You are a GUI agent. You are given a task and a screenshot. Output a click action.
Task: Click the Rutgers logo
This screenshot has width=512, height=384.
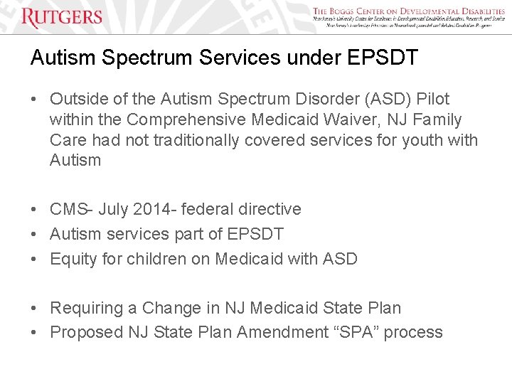point(62,17)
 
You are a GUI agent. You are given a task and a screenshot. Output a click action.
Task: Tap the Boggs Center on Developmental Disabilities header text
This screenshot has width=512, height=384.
point(408,11)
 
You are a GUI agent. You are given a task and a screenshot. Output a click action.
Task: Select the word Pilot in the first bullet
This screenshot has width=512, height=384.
point(430,99)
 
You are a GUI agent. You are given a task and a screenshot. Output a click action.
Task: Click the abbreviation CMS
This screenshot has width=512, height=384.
point(68,209)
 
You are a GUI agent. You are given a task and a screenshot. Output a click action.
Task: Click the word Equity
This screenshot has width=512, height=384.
point(73,259)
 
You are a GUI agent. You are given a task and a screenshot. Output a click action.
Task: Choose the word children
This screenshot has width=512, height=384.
point(155,259)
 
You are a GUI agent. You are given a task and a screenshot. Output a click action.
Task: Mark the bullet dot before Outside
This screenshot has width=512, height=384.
point(35,100)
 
